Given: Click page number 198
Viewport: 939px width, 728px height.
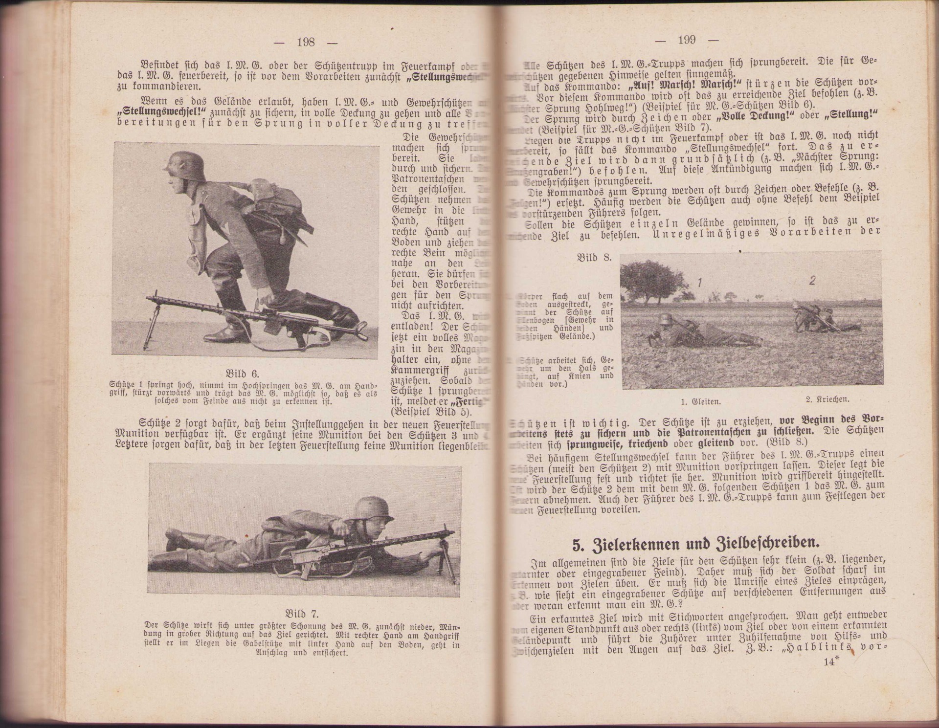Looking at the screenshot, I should point(306,42).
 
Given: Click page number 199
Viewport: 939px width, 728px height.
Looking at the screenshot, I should point(687,40).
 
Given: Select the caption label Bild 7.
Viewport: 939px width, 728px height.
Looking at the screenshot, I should point(301,614).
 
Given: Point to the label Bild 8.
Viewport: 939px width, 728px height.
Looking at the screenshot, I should point(594,258).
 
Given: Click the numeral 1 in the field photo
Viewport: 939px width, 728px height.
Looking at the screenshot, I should point(700,283).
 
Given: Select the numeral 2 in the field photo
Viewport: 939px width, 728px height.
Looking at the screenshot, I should point(812,281).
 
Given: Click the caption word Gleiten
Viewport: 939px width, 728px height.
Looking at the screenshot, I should point(700,402).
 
